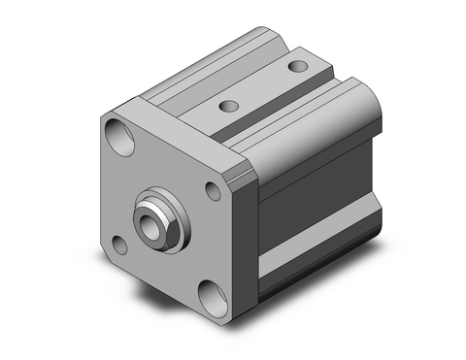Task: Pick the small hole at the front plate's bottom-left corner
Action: [118, 244]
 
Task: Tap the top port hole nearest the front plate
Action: [229, 106]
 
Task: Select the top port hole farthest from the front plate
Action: [298, 67]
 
